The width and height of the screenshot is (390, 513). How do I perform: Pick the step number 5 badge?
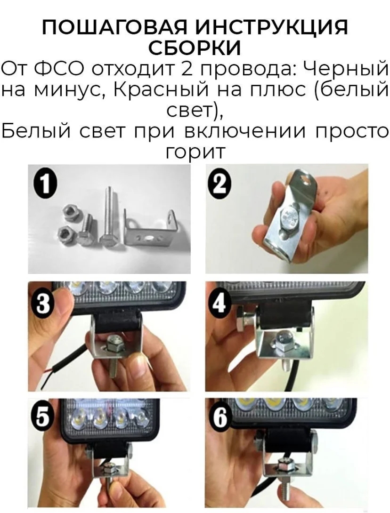coord(41,418)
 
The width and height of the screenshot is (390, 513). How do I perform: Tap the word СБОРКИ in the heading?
coord(195,48)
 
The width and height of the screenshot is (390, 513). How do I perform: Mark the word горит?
coord(195,152)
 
